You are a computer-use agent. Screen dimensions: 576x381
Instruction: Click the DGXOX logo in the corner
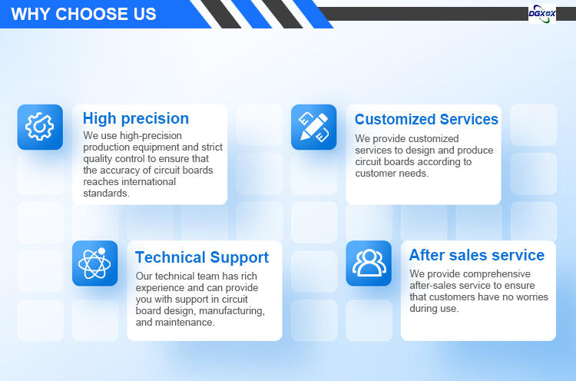(x=542, y=14)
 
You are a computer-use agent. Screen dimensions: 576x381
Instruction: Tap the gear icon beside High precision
(x=40, y=127)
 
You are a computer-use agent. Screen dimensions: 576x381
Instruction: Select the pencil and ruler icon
(x=313, y=127)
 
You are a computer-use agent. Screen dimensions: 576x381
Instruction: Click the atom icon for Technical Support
(x=94, y=263)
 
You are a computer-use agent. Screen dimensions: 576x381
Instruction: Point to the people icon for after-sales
(x=369, y=263)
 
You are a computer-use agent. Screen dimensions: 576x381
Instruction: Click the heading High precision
(x=136, y=118)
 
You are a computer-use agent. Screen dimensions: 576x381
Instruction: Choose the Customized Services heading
(x=426, y=119)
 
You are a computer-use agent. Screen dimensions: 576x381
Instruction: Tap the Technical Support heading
(x=202, y=257)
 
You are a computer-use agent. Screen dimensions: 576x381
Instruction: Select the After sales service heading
(x=477, y=255)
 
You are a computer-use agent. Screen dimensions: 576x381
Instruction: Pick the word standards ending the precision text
(x=105, y=194)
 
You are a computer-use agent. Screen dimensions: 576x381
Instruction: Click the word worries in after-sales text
(x=532, y=297)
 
